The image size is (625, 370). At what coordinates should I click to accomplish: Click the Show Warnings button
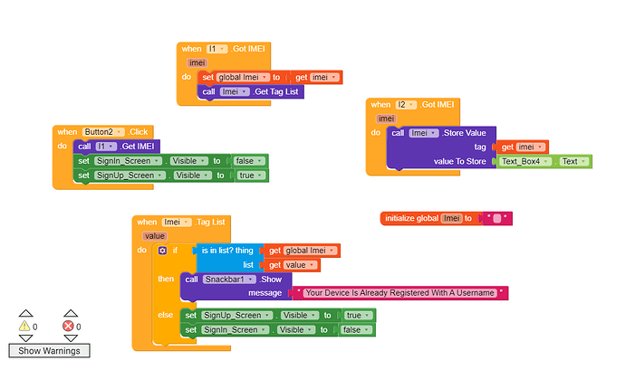49,350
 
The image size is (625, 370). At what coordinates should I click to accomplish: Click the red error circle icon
68,326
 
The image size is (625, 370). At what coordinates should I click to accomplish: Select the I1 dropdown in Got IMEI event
215,48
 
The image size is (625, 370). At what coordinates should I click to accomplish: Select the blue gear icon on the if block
163,250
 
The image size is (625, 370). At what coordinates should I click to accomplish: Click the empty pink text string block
497,218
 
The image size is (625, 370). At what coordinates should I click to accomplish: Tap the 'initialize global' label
412,218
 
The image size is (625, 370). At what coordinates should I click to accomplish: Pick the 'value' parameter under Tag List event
156,235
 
